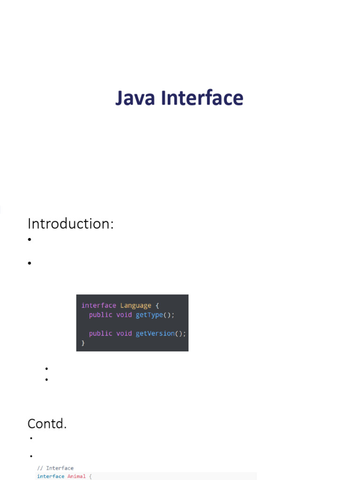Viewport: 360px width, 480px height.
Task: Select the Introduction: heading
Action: (x=71, y=224)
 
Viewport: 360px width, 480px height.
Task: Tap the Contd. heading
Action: (x=47, y=424)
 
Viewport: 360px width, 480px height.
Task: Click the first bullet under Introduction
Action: (x=29, y=240)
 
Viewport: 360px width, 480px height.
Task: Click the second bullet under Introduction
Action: (x=29, y=263)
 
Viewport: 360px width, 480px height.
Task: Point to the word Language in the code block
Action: (x=135, y=306)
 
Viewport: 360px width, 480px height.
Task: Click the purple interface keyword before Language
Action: (x=98, y=306)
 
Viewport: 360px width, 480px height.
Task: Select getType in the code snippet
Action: (x=149, y=315)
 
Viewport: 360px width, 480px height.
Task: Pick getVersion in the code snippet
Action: (x=155, y=333)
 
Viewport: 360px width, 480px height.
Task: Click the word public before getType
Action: (x=100, y=315)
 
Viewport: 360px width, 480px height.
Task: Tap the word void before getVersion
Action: (x=124, y=333)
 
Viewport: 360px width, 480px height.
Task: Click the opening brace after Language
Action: (x=157, y=306)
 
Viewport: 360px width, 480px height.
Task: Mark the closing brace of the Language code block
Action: (x=83, y=343)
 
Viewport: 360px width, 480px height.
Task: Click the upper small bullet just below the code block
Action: (x=47, y=369)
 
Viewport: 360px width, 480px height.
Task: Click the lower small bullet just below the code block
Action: (x=47, y=379)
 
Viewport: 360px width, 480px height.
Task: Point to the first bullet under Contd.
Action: (x=31, y=439)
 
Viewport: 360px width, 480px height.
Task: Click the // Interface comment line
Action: (x=55, y=468)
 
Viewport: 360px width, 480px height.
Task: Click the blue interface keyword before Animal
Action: (x=51, y=476)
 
